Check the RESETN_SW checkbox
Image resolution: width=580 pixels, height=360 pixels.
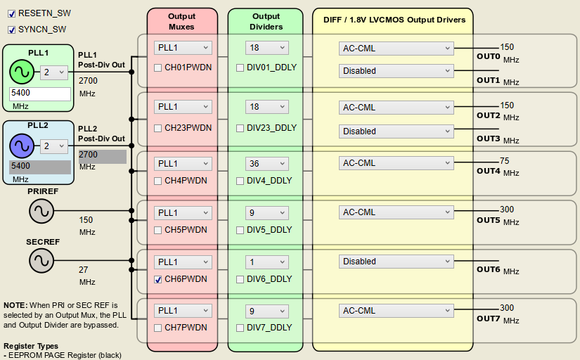(11, 13)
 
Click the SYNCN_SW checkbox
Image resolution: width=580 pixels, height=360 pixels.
(11, 30)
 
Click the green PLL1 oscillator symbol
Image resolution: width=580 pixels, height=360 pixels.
(21, 72)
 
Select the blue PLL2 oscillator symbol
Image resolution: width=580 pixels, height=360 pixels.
(21, 146)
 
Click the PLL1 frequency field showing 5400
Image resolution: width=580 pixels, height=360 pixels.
(39, 93)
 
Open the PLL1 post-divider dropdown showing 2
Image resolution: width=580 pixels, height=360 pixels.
(53, 72)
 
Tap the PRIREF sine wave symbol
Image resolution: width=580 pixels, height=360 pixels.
(41, 210)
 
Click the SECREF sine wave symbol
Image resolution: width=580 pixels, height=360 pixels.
(41, 261)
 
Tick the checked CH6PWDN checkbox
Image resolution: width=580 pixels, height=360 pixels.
(159, 279)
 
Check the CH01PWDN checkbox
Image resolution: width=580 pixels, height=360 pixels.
(159, 67)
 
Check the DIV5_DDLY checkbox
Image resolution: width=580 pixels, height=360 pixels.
(240, 230)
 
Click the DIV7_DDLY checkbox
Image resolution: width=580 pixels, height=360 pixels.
(240, 328)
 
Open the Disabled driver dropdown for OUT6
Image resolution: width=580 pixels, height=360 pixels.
(396, 262)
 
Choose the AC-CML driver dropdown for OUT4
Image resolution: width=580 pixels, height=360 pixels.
(396, 163)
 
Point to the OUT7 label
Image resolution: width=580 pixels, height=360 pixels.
(488, 319)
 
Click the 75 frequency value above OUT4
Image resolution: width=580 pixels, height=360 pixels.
(504, 161)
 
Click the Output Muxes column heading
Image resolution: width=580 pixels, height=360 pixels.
(182, 21)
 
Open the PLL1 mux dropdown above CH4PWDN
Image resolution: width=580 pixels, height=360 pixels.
(183, 163)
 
